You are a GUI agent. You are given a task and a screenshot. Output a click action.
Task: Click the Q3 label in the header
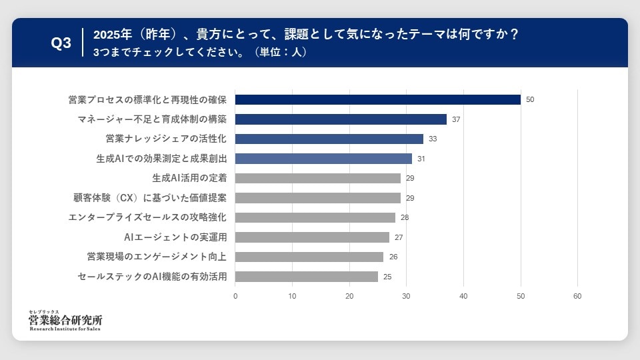(x=61, y=43)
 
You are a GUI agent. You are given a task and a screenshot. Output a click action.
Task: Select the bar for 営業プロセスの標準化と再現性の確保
(x=378, y=99)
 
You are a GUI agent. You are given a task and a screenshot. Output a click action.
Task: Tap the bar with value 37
(x=341, y=119)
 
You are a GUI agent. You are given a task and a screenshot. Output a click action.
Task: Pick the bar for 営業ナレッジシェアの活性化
(x=329, y=139)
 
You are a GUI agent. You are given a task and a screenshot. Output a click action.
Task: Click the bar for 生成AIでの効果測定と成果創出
(x=324, y=159)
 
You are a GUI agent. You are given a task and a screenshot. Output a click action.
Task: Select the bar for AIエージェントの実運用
(x=313, y=237)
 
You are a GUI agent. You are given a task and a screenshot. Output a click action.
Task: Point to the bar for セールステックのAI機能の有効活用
(x=307, y=276)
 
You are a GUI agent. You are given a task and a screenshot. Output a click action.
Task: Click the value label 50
(x=530, y=99)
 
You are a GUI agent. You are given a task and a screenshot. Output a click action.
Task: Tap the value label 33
(x=433, y=139)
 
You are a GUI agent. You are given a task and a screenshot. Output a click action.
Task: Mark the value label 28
(x=405, y=217)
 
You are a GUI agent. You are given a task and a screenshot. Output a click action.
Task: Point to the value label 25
(x=387, y=276)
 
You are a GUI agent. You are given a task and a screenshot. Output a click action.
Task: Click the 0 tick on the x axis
(x=235, y=296)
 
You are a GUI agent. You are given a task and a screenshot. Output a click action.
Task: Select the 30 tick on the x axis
(x=407, y=296)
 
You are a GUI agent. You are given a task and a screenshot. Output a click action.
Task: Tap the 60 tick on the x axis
(x=577, y=296)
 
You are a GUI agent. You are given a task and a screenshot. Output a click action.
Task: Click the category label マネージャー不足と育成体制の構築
(x=152, y=119)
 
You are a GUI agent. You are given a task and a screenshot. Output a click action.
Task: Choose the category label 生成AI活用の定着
(x=189, y=178)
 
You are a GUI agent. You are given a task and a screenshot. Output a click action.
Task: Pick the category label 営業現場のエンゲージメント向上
(x=157, y=257)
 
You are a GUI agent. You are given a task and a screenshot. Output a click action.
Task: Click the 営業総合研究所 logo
(x=65, y=321)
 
